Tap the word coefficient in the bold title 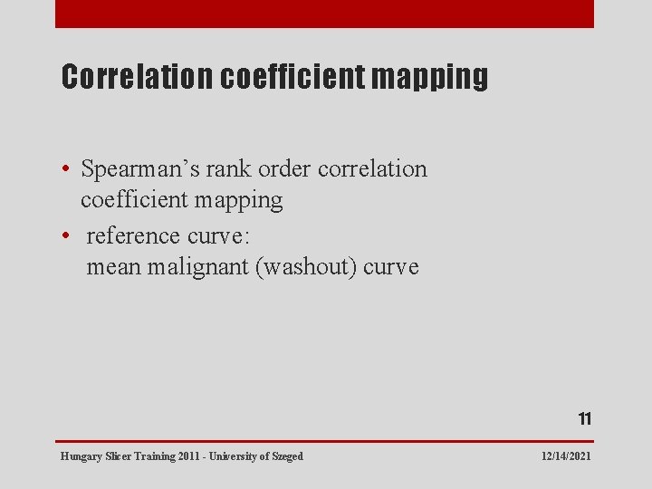click(x=293, y=77)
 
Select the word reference click(x=133, y=236)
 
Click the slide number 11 click(x=585, y=418)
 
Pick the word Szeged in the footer click(x=286, y=456)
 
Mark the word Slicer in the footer click(x=118, y=456)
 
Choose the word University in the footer click(x=231, y=456)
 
